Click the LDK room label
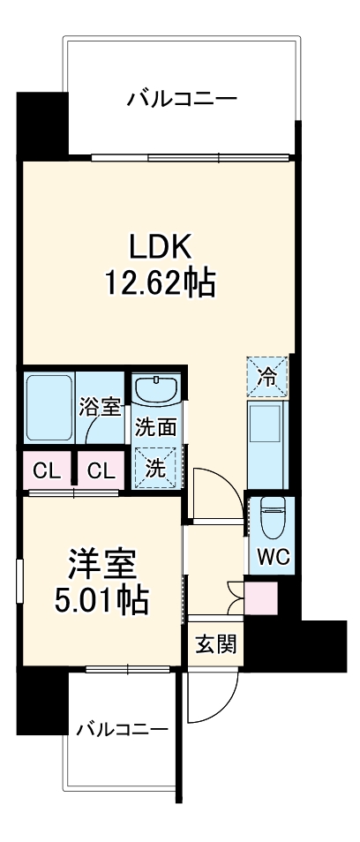click(x=161, y=245)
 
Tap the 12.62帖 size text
click(x=161, y=282)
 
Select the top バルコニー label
click(x=182, y=99)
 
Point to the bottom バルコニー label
click(x=122, y=729)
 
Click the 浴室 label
click(x=100, y=408)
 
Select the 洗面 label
click(x=155, y=427)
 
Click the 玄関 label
click(x=215, y=645)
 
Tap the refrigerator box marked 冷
click(x=266, y=376)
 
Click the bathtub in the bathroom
click(x=49, y=408)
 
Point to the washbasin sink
click(x=156, y=388)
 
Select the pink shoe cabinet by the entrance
click(x=261, y=599)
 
